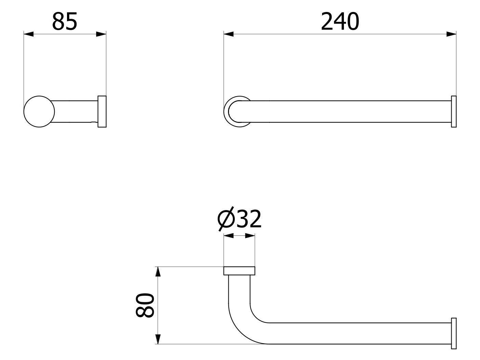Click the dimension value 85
65,22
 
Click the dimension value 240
340,22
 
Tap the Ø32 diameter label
240,219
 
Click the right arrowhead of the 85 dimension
101,34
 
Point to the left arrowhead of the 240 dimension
229,34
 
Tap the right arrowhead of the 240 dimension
451,34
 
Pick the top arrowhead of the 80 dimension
158,272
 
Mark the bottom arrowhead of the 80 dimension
158,339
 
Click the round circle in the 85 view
39,112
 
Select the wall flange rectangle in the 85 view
102,112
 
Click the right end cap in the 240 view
454,112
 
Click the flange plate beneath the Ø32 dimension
239,271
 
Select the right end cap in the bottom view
454,333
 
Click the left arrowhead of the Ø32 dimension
228,235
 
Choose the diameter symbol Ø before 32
225,219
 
